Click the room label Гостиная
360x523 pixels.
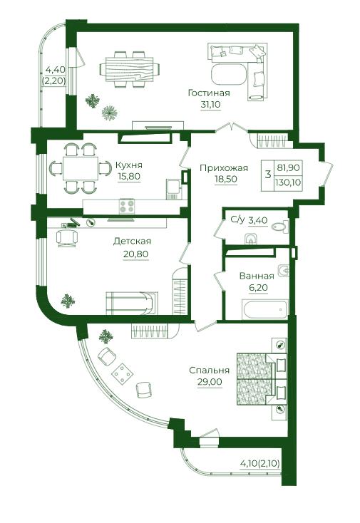[209, 93]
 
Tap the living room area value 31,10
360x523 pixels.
[210, 105]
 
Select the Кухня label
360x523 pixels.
[129, 165]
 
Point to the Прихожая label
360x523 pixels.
[224, 167]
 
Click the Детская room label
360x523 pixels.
[132, 241]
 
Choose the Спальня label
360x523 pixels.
[209, 371]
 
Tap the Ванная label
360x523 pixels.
[257, 276]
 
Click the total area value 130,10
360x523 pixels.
[288, 183]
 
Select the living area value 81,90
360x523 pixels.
[288, 167]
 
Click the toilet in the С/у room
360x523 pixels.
[279, 227]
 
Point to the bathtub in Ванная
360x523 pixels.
[265, 309]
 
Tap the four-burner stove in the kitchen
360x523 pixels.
[127, 205]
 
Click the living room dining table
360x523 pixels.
[130, 69]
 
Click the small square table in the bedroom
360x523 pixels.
[123, 373]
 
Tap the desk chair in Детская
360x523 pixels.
[68, 237]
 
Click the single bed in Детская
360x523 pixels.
[131, 303]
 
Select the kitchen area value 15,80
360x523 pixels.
[129, 176]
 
